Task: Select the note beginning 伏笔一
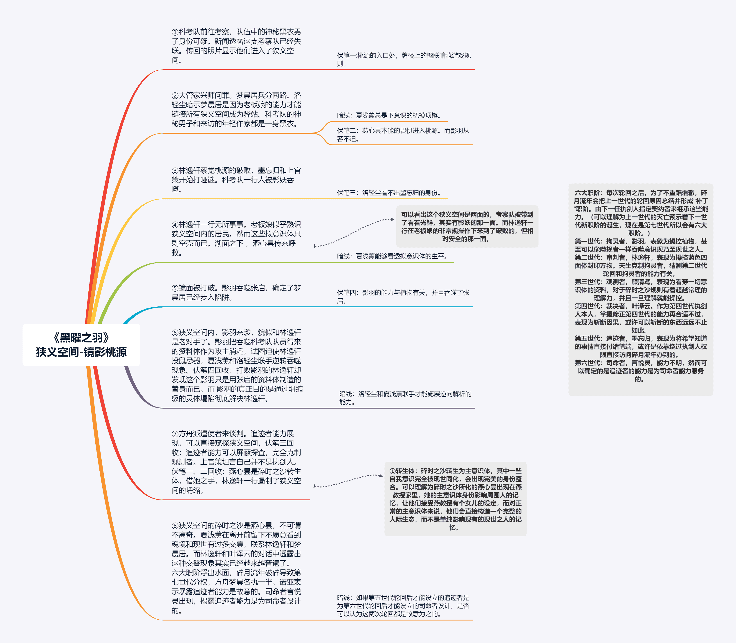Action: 404,60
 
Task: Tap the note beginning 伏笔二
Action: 403,135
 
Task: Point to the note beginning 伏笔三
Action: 389,193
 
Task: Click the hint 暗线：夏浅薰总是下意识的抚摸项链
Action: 389,115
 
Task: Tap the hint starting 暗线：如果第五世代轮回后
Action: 403,606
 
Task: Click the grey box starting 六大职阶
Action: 641,290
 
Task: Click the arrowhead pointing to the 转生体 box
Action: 381,476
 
